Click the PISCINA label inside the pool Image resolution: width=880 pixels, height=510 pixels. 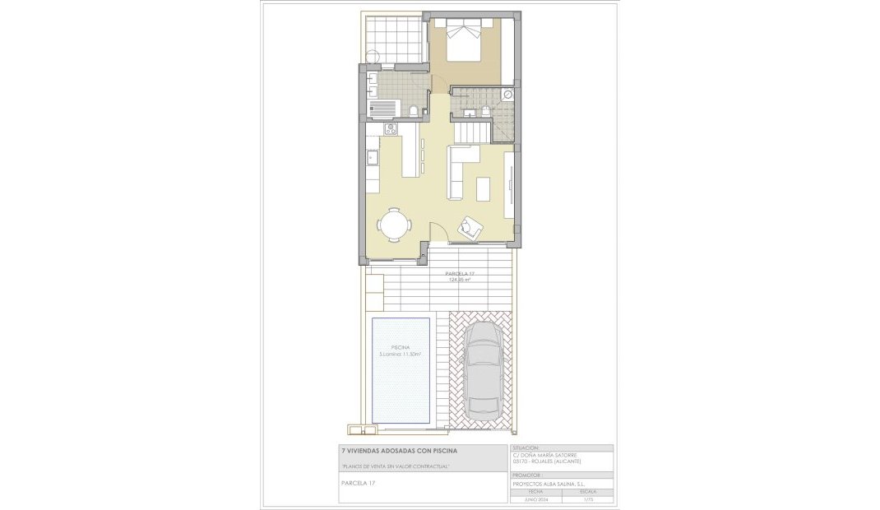401,347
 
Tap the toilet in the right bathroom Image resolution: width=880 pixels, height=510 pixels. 485,111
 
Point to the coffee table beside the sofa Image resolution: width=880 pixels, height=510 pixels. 483,188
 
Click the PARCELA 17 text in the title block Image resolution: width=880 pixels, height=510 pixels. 358,483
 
